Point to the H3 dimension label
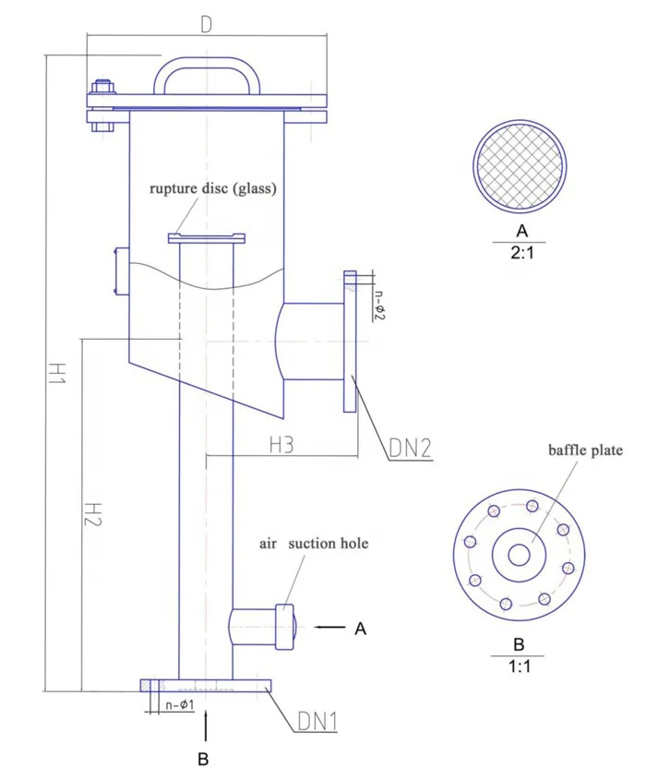point(281,445)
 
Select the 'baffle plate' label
point(586,451)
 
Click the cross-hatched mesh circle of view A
point(521,164)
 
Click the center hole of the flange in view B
point(519,555)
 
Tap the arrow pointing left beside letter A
point(329,628)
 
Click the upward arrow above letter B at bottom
point(205,725)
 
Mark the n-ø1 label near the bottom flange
point(178,706)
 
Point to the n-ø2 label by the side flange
point(378,304)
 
